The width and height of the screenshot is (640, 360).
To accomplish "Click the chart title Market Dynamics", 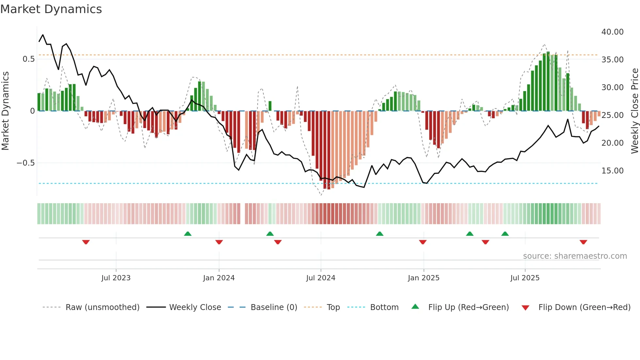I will click(51, 9).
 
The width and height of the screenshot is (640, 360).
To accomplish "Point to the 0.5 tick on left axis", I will click(28, 59).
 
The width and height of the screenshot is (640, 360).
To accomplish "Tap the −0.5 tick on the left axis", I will click(25, 163).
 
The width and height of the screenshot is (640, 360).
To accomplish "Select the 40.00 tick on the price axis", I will click(612, 32).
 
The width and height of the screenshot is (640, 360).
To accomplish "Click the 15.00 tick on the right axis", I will click(612, 171).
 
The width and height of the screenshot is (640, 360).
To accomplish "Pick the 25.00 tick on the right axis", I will click(612, 115).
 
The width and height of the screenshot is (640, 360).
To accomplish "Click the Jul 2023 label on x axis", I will click(116, 278).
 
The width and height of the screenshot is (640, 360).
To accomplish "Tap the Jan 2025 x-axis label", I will click(424, 278).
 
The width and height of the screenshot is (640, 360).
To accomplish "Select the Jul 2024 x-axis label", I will click(321, 278).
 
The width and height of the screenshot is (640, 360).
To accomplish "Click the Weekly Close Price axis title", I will click(634, 111).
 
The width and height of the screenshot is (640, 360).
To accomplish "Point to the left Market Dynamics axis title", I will click(5, 111).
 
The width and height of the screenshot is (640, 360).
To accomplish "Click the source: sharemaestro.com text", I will click(575, 256).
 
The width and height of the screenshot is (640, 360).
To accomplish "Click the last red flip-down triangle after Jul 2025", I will click(583, 242).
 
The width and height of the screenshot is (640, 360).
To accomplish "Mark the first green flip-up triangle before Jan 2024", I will click(187, 234).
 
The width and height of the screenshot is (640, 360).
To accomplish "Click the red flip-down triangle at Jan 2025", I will click(423, 242).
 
